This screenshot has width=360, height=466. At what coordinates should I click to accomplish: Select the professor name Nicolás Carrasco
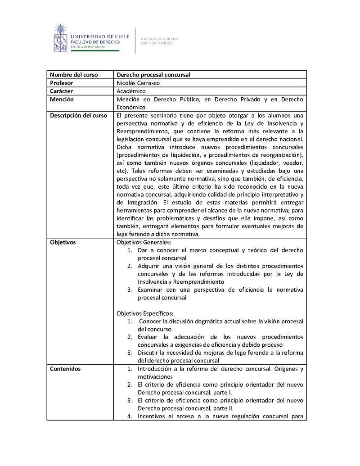click(138, 83)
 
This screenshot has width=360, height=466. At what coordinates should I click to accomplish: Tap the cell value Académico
click(131, 91)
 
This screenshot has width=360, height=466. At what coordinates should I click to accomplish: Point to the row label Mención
click(62, 100)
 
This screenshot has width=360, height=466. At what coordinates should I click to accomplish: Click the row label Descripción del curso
click(78, 116)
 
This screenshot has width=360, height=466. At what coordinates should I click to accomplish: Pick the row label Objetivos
click(63, 242)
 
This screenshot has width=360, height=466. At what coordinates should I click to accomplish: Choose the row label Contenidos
click(65, 369)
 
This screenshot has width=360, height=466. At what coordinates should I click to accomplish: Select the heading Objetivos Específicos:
click(145, 313)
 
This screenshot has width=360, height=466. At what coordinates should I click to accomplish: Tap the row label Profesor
click(61, 83)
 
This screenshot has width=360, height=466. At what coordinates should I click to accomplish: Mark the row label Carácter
click(61, 91)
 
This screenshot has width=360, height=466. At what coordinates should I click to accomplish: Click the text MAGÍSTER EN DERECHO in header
click(159, 39)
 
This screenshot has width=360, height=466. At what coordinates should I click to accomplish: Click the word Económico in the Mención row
click(131, 108)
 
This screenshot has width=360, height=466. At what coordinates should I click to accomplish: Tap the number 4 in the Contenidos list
click(129, 416)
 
